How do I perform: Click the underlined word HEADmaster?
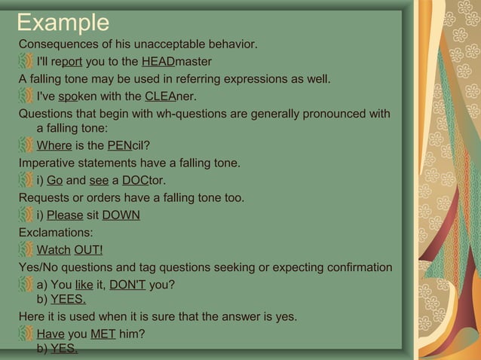click(176, 61)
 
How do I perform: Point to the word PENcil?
click(129, 145)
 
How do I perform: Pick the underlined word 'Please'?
click(65, 215)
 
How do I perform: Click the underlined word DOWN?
click(121, 215)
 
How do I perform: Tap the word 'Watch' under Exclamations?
click(54, 250)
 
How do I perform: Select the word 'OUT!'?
click(89, 250)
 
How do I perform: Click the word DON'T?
click(127, 285)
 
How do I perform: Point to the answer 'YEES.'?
click(68, 300)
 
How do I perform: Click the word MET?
click(103, 334)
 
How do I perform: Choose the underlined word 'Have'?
click(51, 334)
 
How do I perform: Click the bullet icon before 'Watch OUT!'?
click(26, 250)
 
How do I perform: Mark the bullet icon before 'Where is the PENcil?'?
click(26, 145)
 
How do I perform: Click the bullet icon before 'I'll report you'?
click(26, 61)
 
